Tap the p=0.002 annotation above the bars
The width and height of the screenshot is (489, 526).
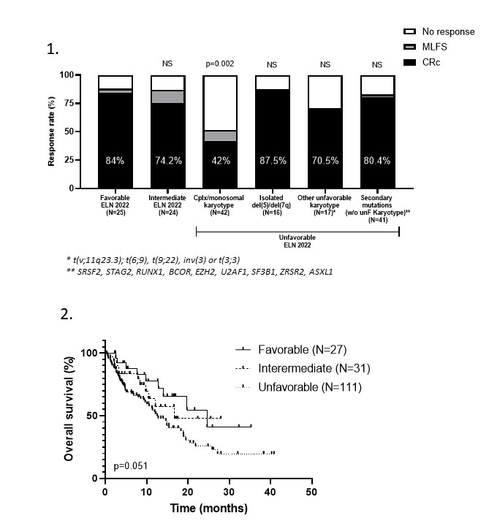coord(219,64)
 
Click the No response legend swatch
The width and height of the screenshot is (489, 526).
coord(410,32)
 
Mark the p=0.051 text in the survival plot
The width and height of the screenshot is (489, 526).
coord(128,465)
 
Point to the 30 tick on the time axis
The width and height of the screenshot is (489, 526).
coord(230,491)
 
